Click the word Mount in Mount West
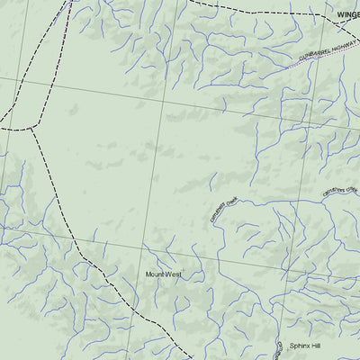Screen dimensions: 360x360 point(156,274)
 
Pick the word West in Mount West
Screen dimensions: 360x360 point(173,274)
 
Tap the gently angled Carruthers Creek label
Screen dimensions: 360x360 point(340,190)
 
